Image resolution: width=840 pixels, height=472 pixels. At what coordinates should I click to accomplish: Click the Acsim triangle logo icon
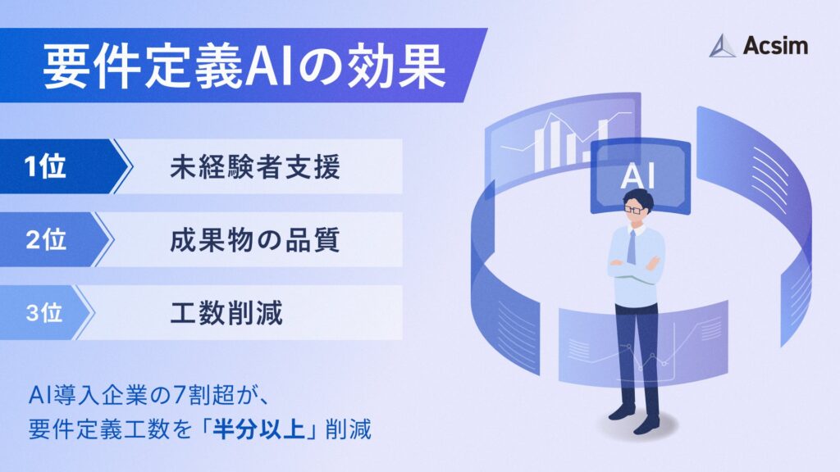(723, 46)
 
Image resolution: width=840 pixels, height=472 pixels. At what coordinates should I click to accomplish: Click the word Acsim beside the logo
(774, 46)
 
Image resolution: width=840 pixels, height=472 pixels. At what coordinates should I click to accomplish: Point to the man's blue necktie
(632, 247)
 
